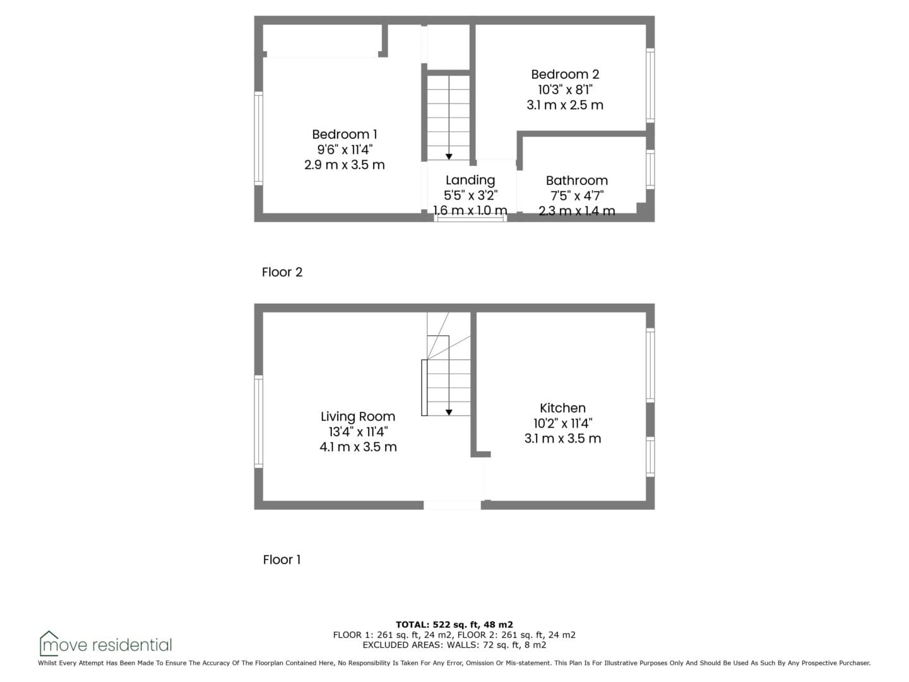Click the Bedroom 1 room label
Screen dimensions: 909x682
344,134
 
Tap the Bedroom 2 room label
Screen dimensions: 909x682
565,74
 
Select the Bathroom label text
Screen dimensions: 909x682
576,180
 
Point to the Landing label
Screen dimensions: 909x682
470,180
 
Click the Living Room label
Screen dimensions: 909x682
358,416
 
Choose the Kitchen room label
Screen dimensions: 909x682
562,408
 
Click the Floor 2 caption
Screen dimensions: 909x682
282,272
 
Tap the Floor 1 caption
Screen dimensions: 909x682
282,560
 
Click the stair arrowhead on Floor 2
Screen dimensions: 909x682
448,157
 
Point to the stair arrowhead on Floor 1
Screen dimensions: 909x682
448,412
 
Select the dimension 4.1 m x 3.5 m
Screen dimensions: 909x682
358,447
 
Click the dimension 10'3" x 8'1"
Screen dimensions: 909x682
565,90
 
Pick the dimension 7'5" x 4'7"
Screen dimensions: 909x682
576,196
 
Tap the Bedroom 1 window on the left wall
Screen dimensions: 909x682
258,138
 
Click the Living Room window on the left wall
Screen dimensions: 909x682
258,422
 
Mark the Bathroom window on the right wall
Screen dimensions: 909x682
650,169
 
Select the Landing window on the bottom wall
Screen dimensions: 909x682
470,218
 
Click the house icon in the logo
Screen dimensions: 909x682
49,643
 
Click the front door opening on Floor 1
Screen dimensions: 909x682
452,505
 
